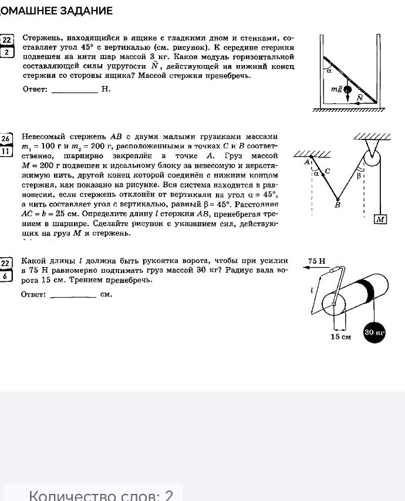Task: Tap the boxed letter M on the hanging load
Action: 380,219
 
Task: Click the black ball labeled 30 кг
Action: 374,332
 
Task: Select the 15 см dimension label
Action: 340,337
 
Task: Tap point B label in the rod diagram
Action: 337,205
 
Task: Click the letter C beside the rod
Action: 328,171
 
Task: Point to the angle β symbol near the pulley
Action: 359,175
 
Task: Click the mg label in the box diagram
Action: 336,89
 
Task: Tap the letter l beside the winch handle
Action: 312,289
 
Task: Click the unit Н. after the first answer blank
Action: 106,90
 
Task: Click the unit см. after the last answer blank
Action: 106,295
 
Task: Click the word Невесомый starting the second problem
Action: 43,137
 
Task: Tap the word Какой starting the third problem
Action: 32,261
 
